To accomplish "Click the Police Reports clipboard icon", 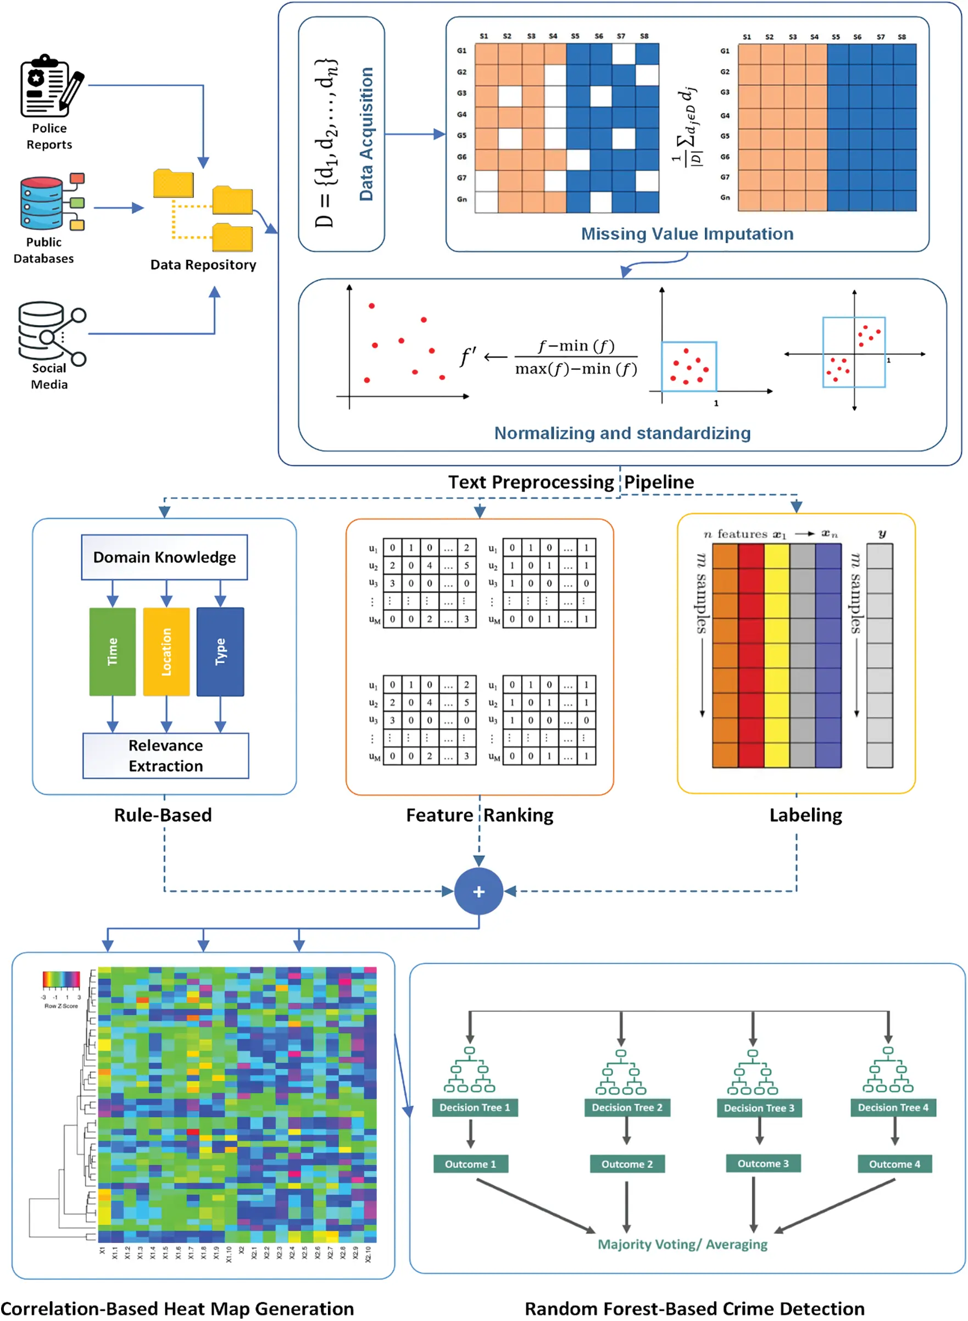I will [x=50, y=86].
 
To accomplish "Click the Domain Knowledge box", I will [x=164, y=557].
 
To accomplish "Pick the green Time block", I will [x=113, y=651].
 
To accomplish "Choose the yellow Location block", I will [x=166, y=651].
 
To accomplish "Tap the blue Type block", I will [x=220, y=651].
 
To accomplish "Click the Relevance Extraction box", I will [x=166, y=756].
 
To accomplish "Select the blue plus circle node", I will [x=479, y=891].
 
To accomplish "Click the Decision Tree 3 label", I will [x=759, y=1108].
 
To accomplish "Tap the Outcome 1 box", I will [x=470, y=1164].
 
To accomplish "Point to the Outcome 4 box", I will [x=894, y=1164].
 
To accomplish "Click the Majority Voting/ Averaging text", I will [x=682, y=1244].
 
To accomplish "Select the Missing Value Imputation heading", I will [x=687, y=234].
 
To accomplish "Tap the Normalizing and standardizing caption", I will [x=622, y=433].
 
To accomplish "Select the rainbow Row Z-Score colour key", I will [x=61, y=979].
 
